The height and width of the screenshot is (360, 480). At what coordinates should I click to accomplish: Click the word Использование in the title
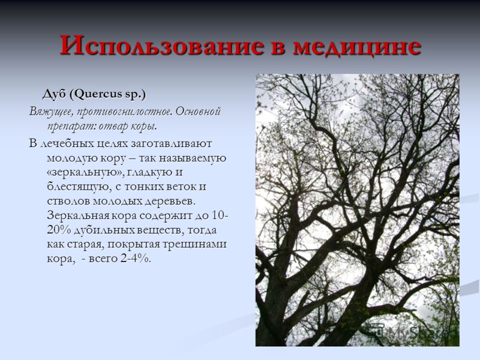coord(161,46)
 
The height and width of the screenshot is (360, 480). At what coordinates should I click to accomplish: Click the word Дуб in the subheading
coord(54,94)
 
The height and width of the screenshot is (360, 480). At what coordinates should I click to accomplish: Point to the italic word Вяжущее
coord(51,112)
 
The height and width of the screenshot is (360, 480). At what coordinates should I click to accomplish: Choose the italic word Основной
coord(198,111)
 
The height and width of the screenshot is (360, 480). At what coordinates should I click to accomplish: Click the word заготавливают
coord(172,143)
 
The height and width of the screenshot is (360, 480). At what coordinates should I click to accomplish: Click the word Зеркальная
coord(78,215)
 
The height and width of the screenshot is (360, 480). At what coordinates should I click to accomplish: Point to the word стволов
coord(68,202)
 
